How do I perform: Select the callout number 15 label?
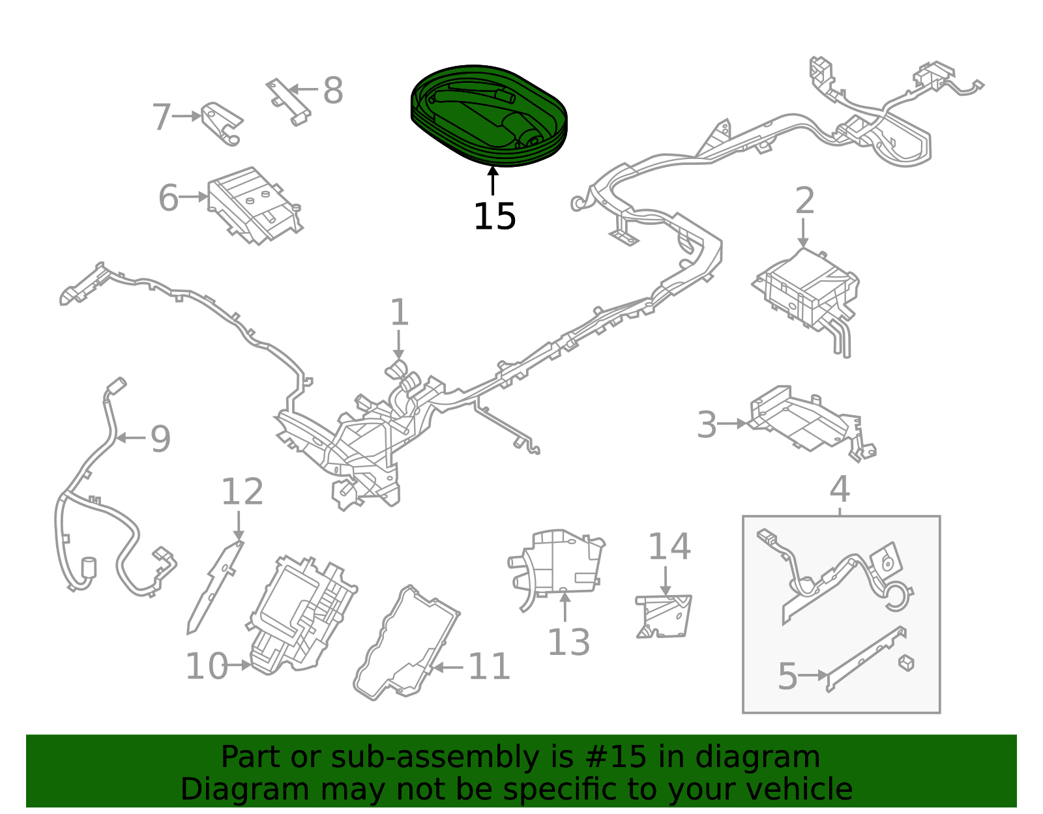pyautogui.click(x=494, y=216)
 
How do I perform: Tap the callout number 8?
pyautogui.click(x=332, y=91)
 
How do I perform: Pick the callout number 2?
pyautogui.click(x=804, y=201)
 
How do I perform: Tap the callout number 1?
pyautogui.click(x=399, y=313)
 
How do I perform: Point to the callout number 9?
pyautogui.click(x=160, y=439)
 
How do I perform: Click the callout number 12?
pyautogui.click(x=242, y=492)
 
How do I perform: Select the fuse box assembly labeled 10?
pyautogui.click(x=303, y=613)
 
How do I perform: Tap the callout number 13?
pyautogui.click(x=568, y=643)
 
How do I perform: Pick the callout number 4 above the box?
pyautogui.click(x=840, y=489)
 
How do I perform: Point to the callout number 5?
pyautogui.click(x=787, y=676)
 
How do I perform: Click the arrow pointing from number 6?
pyautogui.click(x=194, y=197)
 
